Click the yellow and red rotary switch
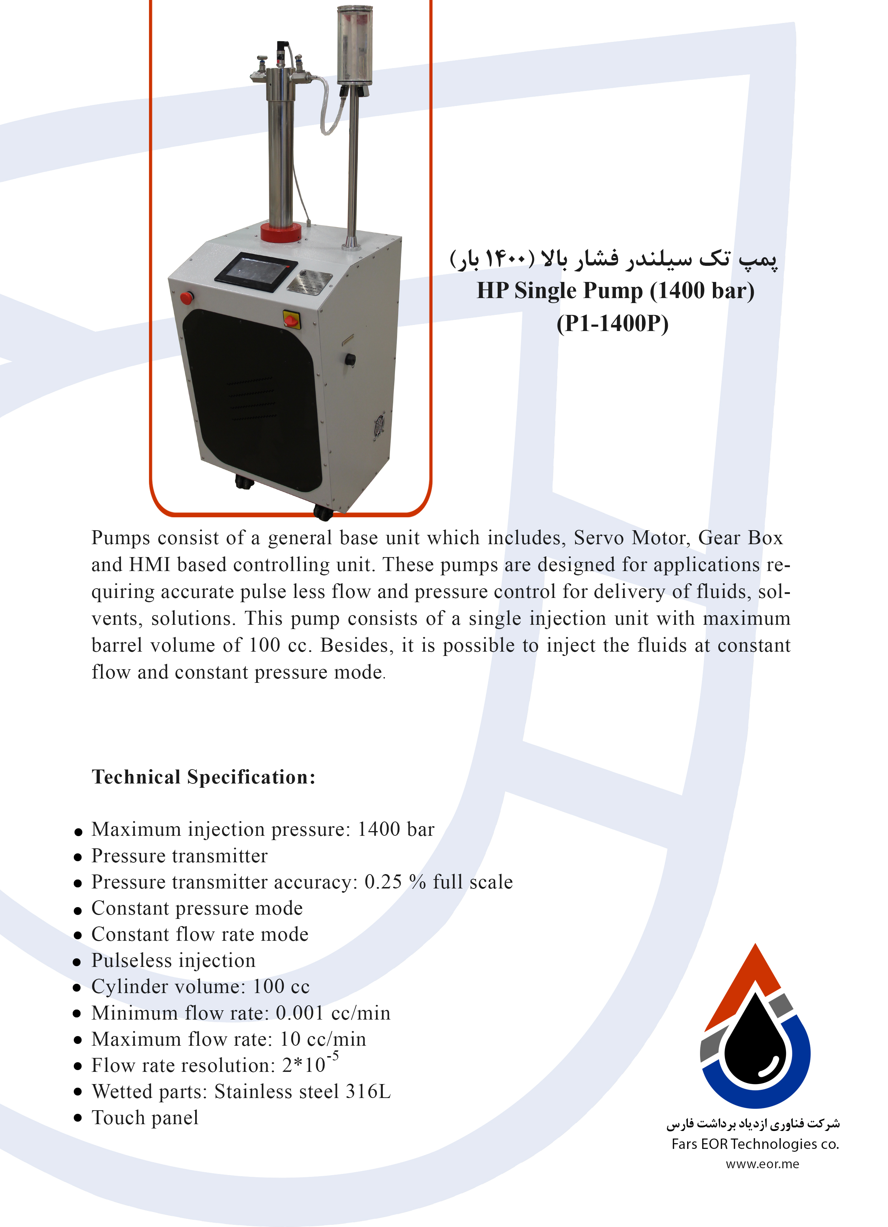(x=291, y=319)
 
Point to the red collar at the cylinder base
(x=281, y=231)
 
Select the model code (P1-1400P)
(x=612, y=323)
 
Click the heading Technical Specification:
(x=203, y=777)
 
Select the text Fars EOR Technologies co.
(x=755, y=1144)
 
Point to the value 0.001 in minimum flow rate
(x=300, y=1013)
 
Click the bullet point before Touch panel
(x=78, y=1118)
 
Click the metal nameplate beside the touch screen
(x=309, y=283)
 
